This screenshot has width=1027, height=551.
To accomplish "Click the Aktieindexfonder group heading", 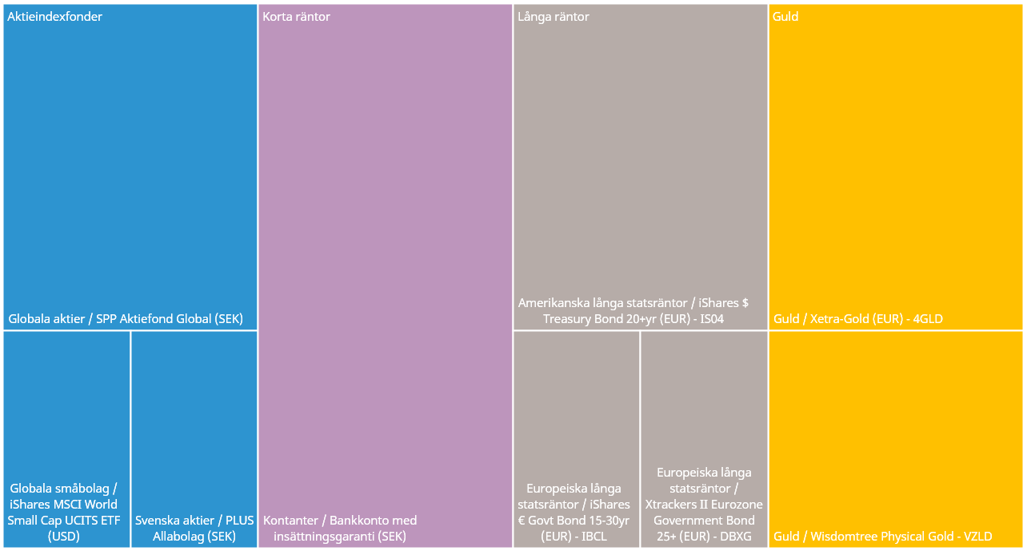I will (x=55, y=17).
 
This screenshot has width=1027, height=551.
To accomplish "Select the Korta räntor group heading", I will (x=297, y=17).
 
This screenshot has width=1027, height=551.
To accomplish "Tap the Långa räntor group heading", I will (x=553, y=17).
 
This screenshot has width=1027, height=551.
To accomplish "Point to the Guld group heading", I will (x=785, y=17).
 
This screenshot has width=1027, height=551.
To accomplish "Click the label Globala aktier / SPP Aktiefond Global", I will (x=126, y=318).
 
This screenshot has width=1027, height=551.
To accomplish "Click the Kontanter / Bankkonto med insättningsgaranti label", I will (x=340, y=528).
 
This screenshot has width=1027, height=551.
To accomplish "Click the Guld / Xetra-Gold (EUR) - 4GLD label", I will (x=858, y=319).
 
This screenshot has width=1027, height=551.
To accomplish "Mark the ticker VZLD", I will (x=977, y=537).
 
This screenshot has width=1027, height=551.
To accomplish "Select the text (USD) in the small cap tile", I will (x=64, y=537).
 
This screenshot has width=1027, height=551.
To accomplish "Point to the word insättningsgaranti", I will (x=324, y=537).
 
